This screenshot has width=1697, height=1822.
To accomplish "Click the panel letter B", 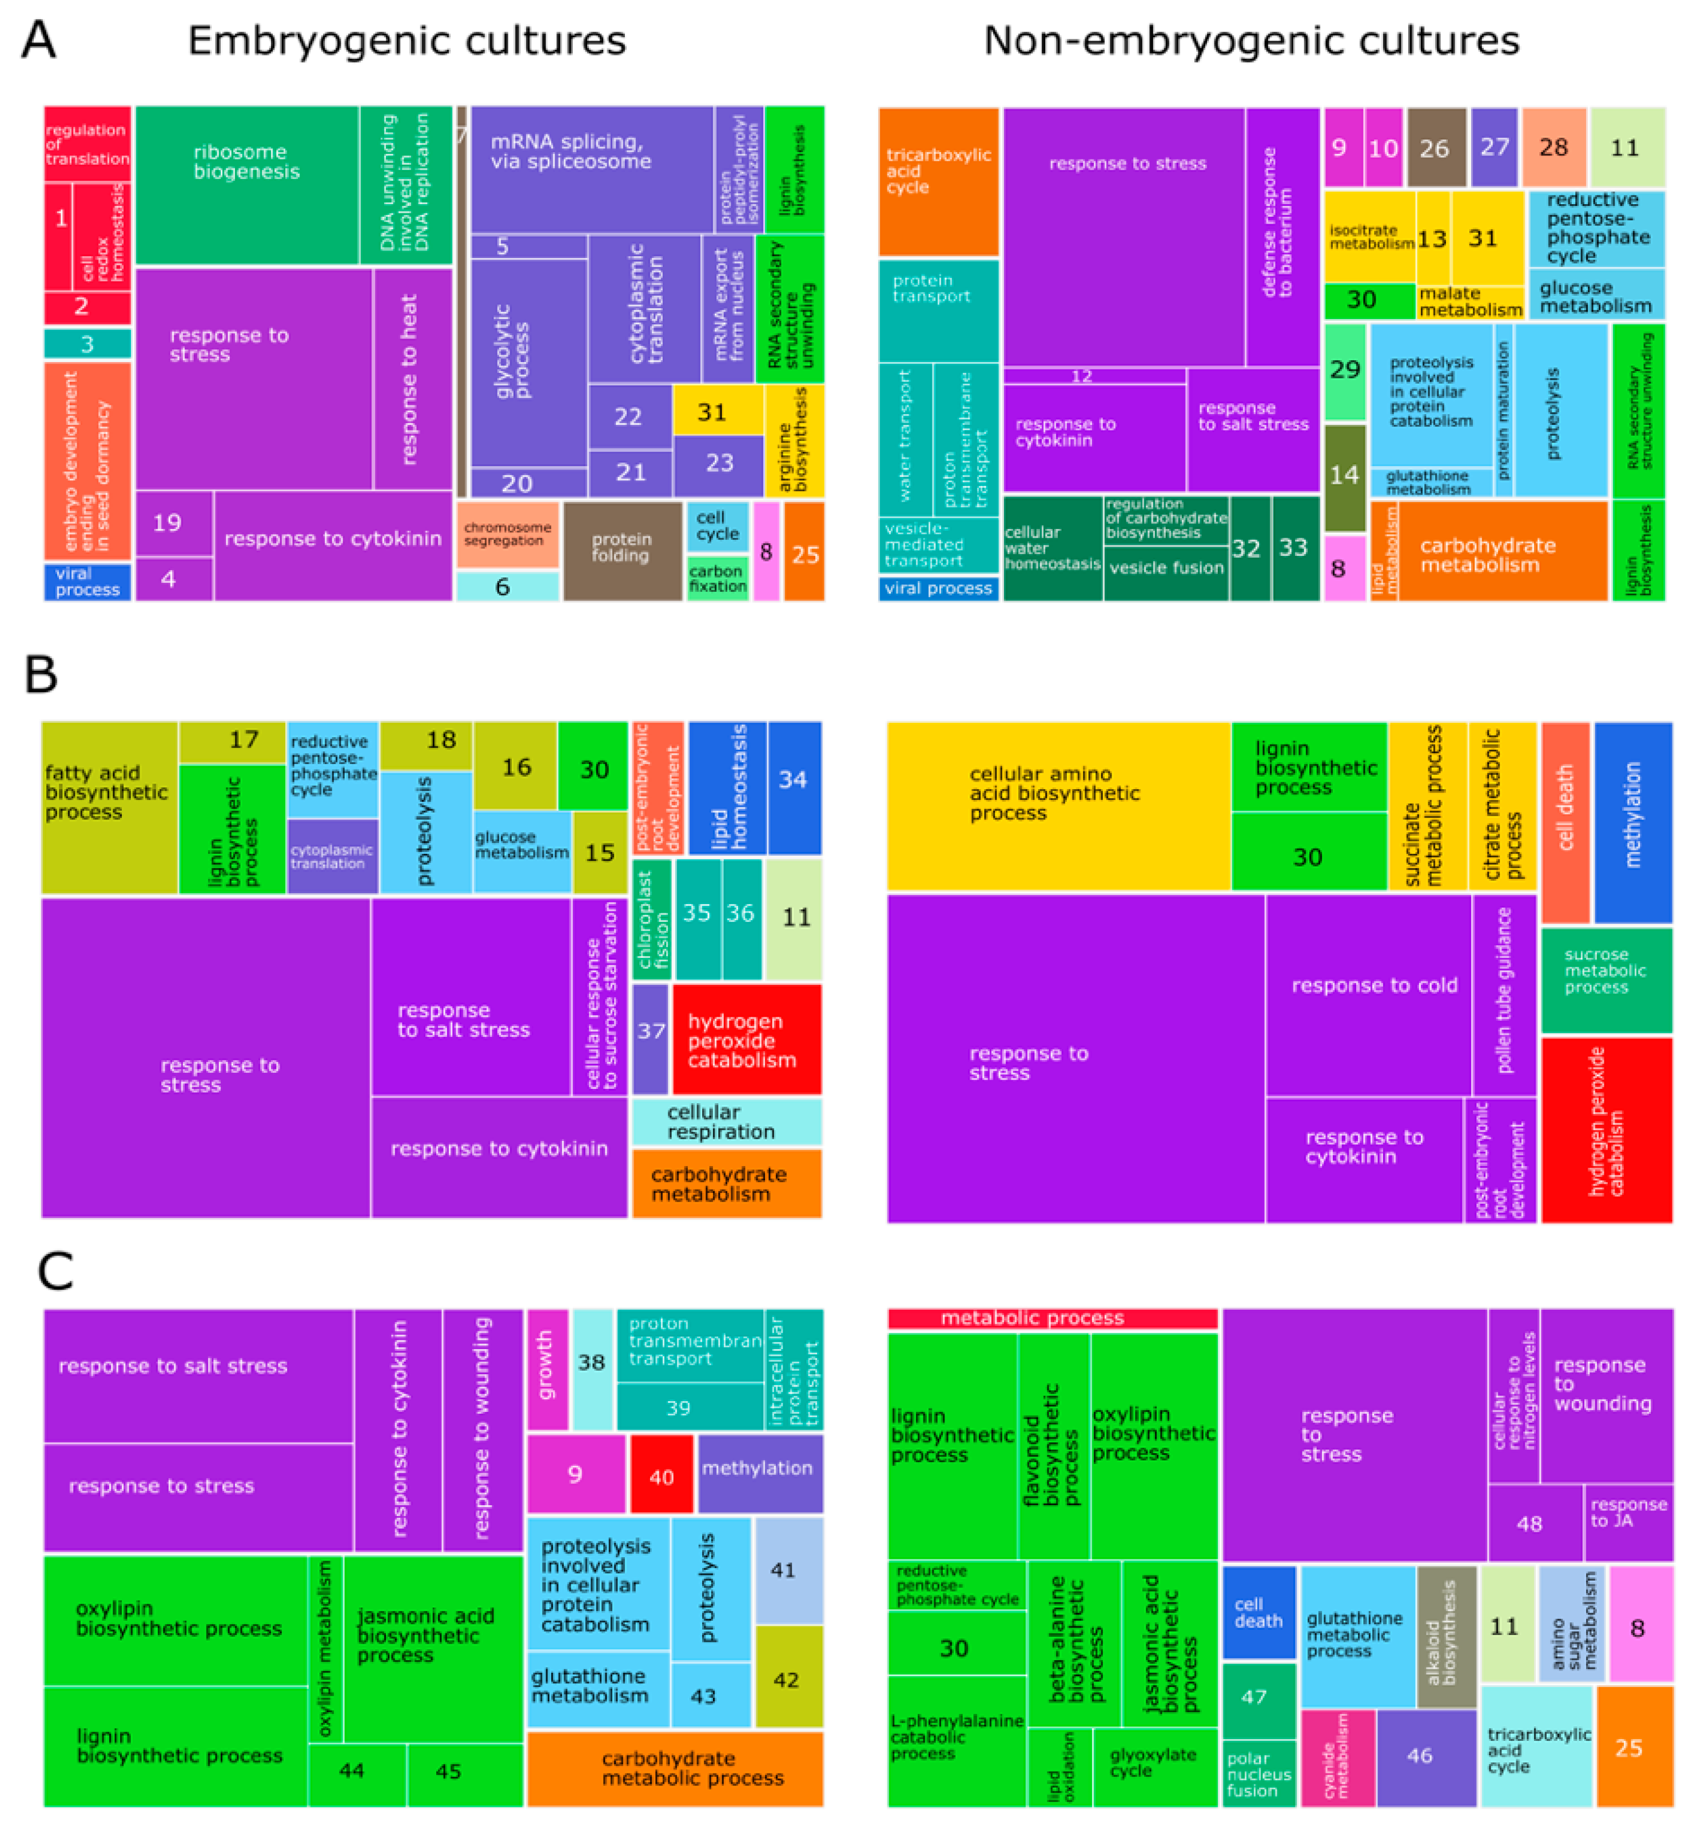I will pyautogui.click(x=41, y=675).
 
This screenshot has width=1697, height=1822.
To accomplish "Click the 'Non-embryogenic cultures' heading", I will pyautogui.click(x=1251, y=41).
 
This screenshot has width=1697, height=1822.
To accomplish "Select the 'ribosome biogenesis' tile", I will pyautogui.click(x=245, y=184).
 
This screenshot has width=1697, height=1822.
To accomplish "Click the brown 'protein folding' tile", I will pyautogui.click(x=622, y=550).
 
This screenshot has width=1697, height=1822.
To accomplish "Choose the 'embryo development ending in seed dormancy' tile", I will pyautogui.click(x=87, y=461).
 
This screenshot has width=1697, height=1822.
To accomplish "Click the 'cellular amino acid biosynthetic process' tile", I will pyautogui.click(x=1057, y=805).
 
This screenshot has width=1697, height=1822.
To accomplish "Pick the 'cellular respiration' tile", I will pyautogui.click(x=726, y=1122).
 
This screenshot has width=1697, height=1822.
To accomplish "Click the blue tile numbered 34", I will pyautogui.click(x=794, y=786).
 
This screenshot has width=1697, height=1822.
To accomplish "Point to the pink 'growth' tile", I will pyautogui.click(x=547, y=1369).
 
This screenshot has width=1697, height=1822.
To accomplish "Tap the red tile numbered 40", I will pyautogui.click(x=660, y=1477).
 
